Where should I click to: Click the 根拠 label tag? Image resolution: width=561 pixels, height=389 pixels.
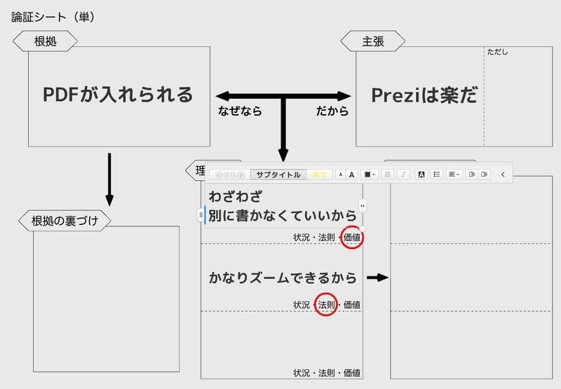[x=45, y=41]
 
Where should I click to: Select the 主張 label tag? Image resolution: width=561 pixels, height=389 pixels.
[x=372, y=41]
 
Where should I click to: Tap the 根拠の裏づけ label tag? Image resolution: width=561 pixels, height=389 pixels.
[x=65, y=221]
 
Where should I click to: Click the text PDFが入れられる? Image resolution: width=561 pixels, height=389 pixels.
[x=118, y=95]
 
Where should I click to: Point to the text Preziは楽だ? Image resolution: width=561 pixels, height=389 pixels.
[x=424, y=96]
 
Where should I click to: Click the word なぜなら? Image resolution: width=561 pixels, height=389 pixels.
[x=241, y=111]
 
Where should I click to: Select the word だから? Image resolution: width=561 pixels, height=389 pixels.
[x=332, y=111]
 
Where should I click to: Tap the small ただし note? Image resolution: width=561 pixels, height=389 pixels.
[x=497, y=52]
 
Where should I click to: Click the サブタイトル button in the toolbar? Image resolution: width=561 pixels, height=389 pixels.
[x=278, y=175]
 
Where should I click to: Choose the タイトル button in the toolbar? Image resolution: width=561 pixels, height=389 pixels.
[x=230, y=175]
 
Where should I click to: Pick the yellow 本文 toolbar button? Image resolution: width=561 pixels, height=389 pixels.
[x=319, y=175]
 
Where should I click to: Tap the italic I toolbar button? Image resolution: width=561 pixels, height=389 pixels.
[x=404, y=175]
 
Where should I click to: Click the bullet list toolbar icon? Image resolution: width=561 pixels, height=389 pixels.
[x=436, y=175]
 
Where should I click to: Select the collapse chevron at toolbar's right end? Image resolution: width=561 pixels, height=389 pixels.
[x=503, y=175]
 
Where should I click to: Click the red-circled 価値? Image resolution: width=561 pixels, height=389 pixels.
[x=351, y=238]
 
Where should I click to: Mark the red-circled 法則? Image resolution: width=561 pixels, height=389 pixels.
[x=326, y=305]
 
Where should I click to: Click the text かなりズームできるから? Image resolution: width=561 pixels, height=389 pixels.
[x=283, y=278]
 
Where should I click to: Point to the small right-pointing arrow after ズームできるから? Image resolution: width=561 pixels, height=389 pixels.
[x=377, y=278]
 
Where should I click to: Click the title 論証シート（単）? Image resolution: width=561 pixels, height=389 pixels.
[x=53, y=16]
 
